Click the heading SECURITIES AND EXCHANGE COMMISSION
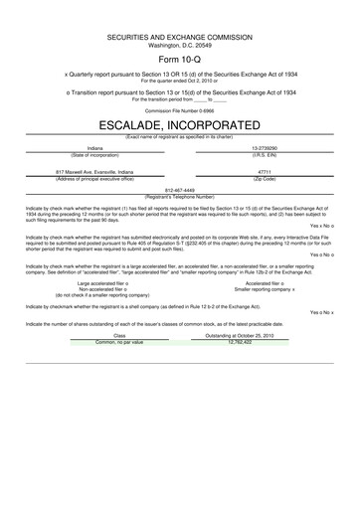point(179,38)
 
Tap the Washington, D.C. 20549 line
point(179,45)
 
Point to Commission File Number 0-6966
point(179,111)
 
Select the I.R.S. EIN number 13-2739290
point(265,149)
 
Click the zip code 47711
point(265,171)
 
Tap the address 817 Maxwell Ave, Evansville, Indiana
point(94,171)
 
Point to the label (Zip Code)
point(265,177)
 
